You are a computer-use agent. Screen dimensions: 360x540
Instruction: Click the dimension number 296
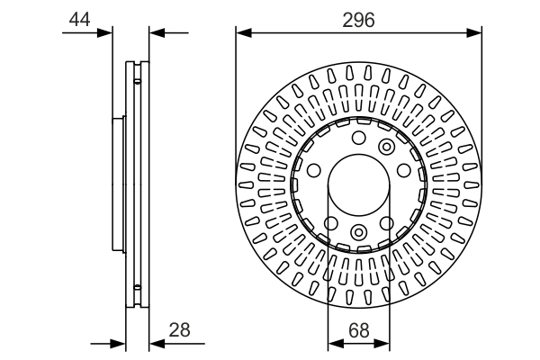click(358, 19)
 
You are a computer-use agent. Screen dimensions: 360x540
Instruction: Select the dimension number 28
click(180, 330)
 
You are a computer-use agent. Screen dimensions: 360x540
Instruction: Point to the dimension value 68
click(358, 330)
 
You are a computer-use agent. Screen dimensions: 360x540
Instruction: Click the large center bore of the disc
click(358, 186)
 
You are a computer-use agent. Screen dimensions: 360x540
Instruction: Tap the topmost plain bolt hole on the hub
click(358, 139)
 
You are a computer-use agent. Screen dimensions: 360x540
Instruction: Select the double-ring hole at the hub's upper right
click(387, 147)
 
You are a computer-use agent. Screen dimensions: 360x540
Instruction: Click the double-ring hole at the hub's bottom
click(358, 234)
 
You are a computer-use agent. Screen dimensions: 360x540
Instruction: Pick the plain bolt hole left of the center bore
click(314, 171)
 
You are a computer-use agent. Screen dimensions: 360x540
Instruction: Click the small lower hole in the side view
click(137, 289)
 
